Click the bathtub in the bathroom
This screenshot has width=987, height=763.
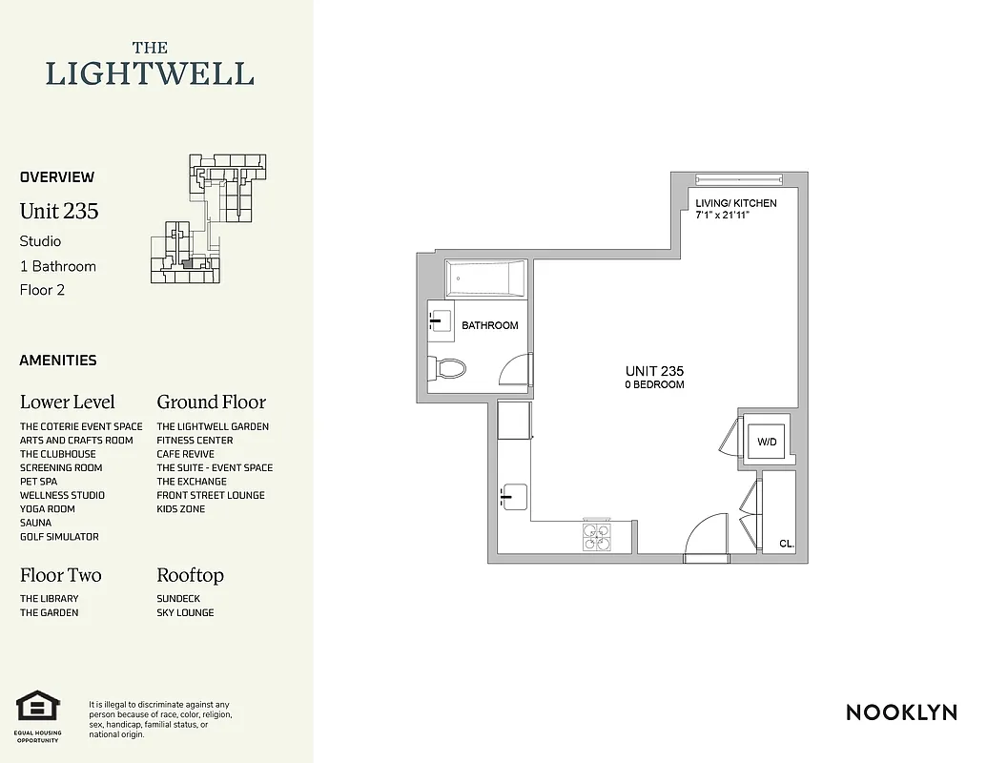[x=484, y=278]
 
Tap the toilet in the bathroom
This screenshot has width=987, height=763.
[x=447, y=367]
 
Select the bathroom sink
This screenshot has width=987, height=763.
[x=440, y=321]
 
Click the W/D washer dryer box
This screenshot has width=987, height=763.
[x=767, y=442]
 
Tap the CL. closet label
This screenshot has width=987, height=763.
[x=786, y=543]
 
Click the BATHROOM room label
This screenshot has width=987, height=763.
[x=490, y=325]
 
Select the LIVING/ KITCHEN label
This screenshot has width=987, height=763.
[x=735, y=203]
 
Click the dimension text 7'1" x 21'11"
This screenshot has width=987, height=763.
[x=735, y=216]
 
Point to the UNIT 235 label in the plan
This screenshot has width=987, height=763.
[x=654, y=371]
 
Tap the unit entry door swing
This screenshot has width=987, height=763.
[x=707, y=535]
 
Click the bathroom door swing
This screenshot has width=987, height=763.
[x=516, y=370]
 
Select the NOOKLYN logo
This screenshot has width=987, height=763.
[x=901, y=712]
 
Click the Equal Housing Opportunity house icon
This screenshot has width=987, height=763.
[x=38, y=708]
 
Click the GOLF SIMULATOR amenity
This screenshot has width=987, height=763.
[x=59, y=537]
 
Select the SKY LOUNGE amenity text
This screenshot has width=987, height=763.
[x=185, y=612]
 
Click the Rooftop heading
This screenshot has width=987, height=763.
[x=190, y=575]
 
